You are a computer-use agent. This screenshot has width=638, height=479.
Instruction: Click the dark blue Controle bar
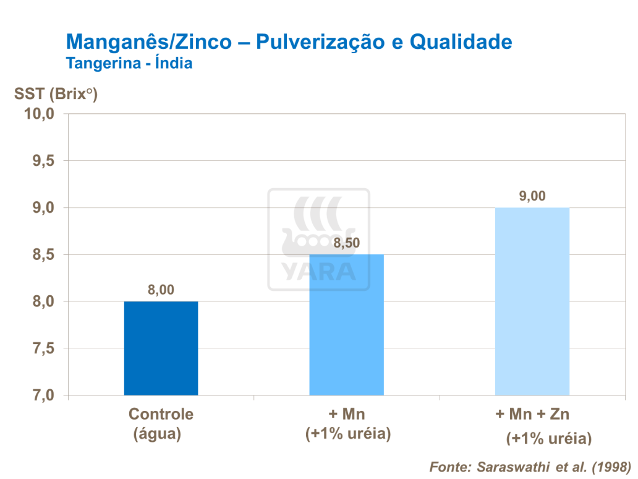[161, 348]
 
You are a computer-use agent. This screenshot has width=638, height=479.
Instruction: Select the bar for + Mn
[346, 325]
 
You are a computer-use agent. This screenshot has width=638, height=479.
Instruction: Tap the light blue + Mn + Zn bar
[532, 301]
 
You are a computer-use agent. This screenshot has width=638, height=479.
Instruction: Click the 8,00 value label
[161, 290]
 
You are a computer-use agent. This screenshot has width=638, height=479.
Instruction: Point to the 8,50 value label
[346, 243]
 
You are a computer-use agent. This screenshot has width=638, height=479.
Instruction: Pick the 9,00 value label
[532, 196]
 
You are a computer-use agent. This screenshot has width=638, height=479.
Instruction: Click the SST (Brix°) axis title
[56, 94]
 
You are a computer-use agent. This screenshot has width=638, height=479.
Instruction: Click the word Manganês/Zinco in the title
[150, 42]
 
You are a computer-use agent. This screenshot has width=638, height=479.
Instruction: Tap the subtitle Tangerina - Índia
[129, 63]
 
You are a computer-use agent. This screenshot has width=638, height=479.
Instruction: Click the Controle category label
[161, 414]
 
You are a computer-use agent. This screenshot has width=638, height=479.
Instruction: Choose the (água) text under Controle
[158, 434]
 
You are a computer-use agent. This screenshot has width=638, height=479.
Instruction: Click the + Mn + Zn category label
[532, 414]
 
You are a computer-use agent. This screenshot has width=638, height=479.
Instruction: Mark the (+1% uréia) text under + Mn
[349, 434]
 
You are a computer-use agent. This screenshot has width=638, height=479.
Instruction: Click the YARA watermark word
[319, 271]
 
